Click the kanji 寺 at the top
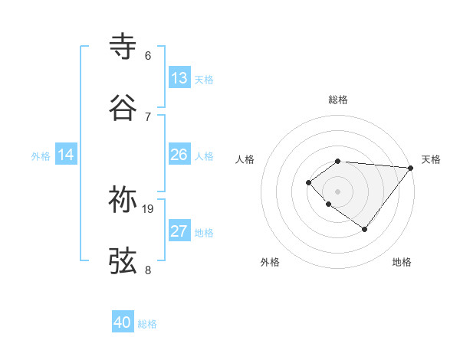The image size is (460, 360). click(123, 46)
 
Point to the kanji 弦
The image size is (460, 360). click(123, 260)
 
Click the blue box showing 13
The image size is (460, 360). click(179, 78)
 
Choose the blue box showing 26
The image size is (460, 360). click(179, 155)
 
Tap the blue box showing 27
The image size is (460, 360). click(179, 231)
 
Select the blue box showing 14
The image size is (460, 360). click(66, 155)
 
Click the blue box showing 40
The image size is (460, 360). click(123, 322)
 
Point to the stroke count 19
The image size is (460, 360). click(148, 208)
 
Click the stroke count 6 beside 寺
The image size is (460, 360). click(148, 55)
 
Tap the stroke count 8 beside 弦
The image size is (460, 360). click(148, 270)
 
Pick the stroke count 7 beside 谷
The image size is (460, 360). click(148, 116)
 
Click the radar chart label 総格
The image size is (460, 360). click(337, 100)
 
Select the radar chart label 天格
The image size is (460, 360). click(431, 159)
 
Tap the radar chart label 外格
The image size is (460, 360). click(270, 262)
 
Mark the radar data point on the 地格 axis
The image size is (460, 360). click(365, 229)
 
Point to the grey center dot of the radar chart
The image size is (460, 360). click(337, 191)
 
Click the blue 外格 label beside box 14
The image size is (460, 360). click(41, 155)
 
